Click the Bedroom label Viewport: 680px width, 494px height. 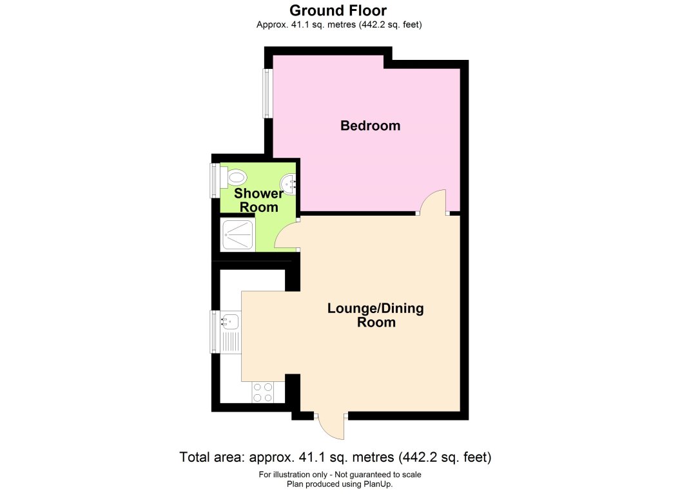point(370,126)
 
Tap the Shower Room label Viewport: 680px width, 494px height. point(258,200)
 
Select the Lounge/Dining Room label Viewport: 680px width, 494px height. point(376,315)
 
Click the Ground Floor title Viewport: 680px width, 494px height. point(339,10)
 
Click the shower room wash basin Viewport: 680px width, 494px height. point(289,184)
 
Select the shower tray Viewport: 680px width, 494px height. point(237,235)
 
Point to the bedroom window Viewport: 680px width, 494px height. point(266,93)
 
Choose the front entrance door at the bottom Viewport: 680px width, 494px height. point(331,426)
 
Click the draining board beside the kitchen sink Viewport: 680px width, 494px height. point(230,340)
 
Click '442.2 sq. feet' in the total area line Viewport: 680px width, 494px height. point(447,458)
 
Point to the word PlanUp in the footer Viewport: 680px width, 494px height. point(377,484)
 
